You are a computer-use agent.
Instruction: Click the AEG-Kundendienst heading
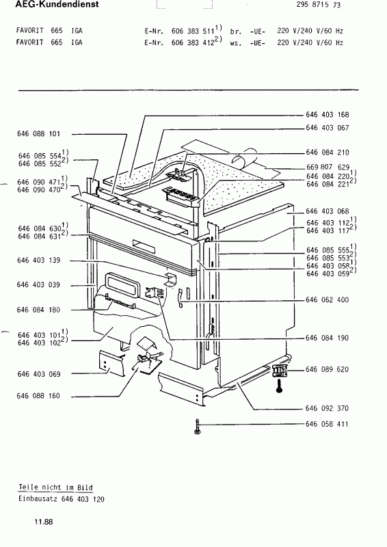click(x=57, y=5)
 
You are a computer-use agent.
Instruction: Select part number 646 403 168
click(x=328, y=115)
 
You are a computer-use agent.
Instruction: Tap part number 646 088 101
click(x=39, y=133)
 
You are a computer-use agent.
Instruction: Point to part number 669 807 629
click(x=328, y=168)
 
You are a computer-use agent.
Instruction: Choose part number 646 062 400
click(x=327, y=299)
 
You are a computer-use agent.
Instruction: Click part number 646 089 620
click(x=327, y=369)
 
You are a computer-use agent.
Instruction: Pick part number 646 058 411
click(x=327, y=424)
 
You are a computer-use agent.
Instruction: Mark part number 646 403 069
click(x=39, y=374)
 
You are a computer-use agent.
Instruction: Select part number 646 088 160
click(x=38, y=396)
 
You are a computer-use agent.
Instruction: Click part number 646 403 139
click(x=39, y=261)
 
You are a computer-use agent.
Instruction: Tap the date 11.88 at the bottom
click(x=44, y=522)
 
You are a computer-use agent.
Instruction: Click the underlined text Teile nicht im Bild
click(x=56, y=488)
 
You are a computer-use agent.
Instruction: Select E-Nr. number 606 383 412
click(x=193, y=43)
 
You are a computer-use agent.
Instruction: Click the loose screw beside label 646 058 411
click(x=198, y=427)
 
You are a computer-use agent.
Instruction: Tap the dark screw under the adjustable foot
click(x=279, y=386)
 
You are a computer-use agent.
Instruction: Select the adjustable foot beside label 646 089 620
click(x=280, y=371)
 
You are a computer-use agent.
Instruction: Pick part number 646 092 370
click(x=327, y=408)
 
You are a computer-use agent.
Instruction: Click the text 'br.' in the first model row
click(x=236, y=31)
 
